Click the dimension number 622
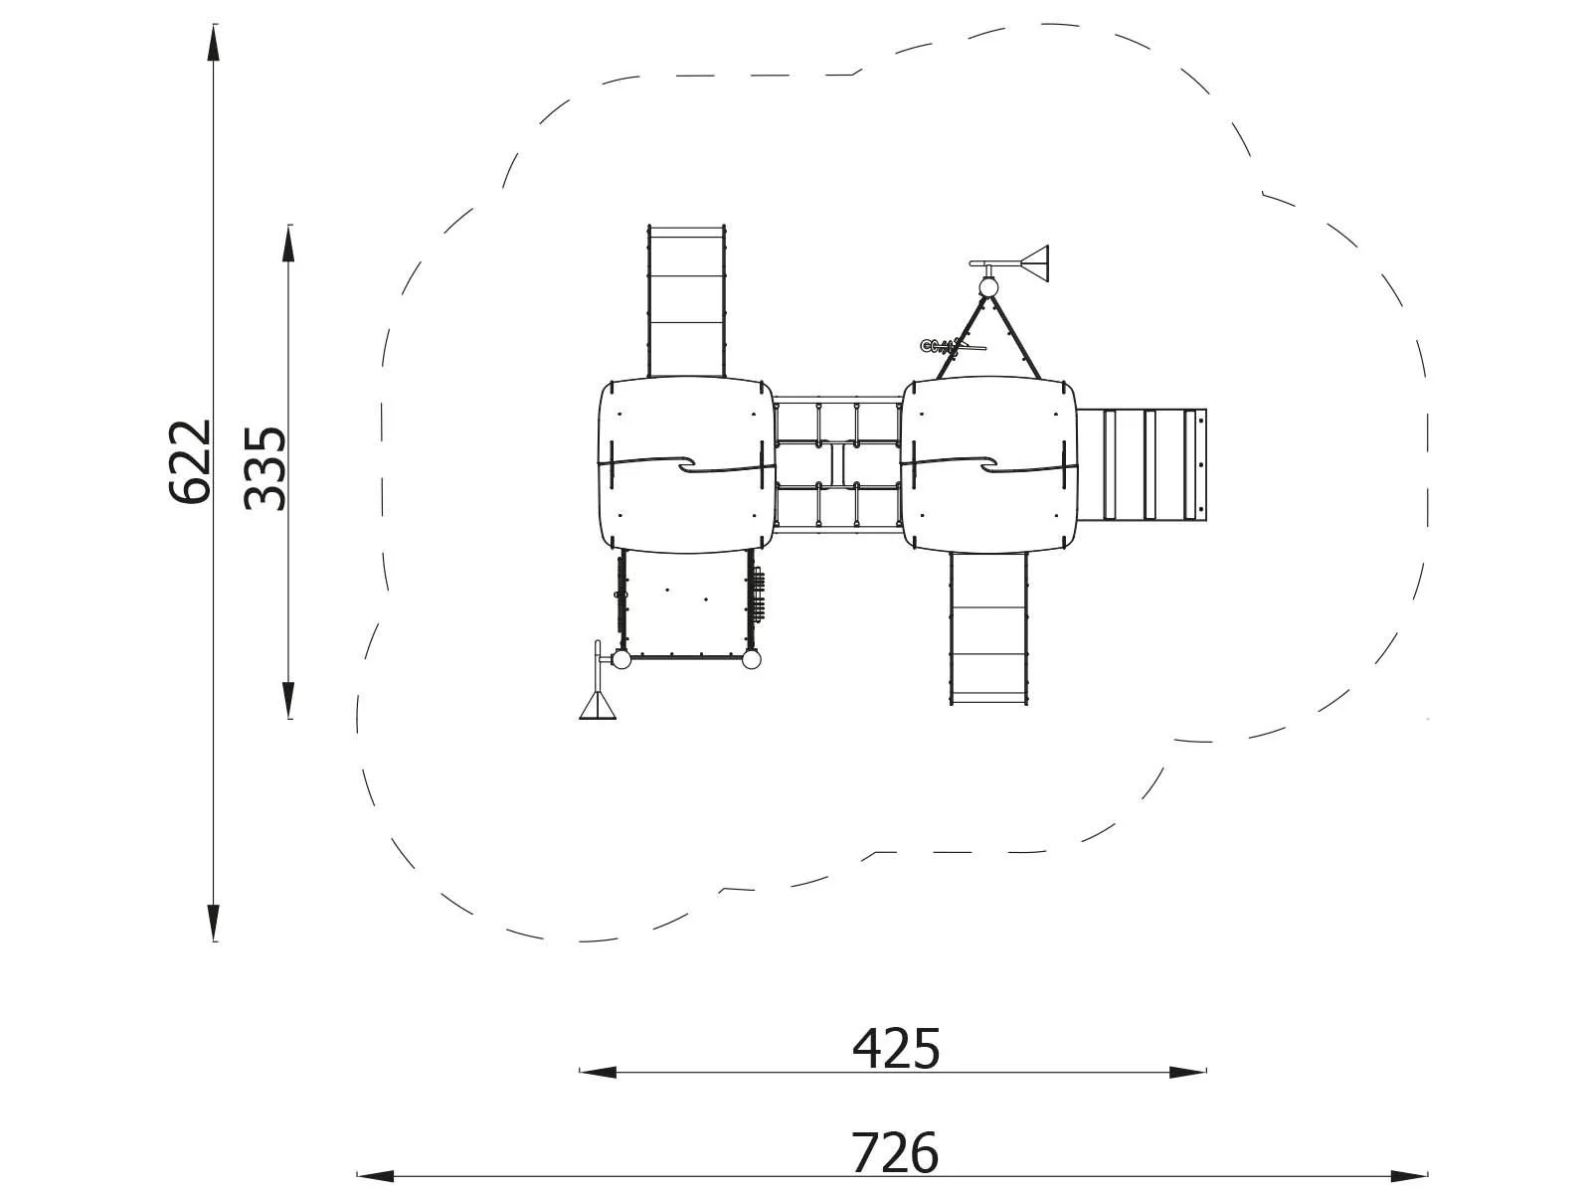(190, 460)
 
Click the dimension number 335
(265, 468)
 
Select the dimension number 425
(896, 1048)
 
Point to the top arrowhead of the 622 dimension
(213, 44)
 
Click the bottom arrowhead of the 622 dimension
(213, 923)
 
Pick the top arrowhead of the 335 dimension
(288, 244)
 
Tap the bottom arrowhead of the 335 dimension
(288, 700)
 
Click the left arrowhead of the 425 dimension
(598, 1073)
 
